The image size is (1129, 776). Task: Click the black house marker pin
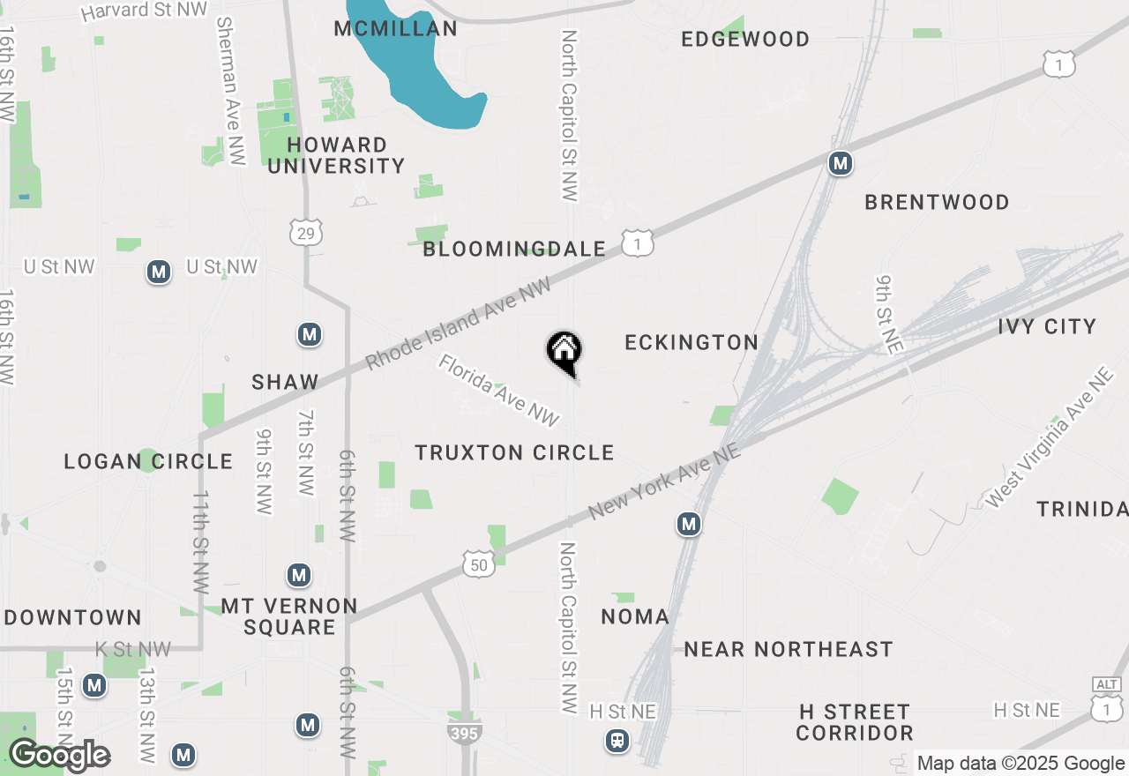pyautogui.click(x=564, y=352)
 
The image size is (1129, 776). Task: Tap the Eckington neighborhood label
pyautogui.click(x=692, y=342)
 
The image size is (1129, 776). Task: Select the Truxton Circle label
pyautogui.click(x=514, y=452)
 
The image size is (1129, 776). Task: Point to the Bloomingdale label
pyautogui.click(x=514, y=250)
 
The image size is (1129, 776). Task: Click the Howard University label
pyautogui.click(x=336, y=155)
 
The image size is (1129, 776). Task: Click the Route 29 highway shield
pyautogui.click(x=306, y=232)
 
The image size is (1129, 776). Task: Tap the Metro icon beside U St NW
pyautogui.click(x=159, y=272)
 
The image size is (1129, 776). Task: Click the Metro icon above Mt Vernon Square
pyautogui.click(x=299, y=576)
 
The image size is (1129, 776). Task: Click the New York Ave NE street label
pyautogui.click(x=664, y=481)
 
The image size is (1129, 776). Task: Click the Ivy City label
pyautogui.click(x=1047, y=326)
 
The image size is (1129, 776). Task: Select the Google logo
pyautogui.click(x=58, y=755)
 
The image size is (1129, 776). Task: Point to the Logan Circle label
pyautogui.click(x=148, y=461)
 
